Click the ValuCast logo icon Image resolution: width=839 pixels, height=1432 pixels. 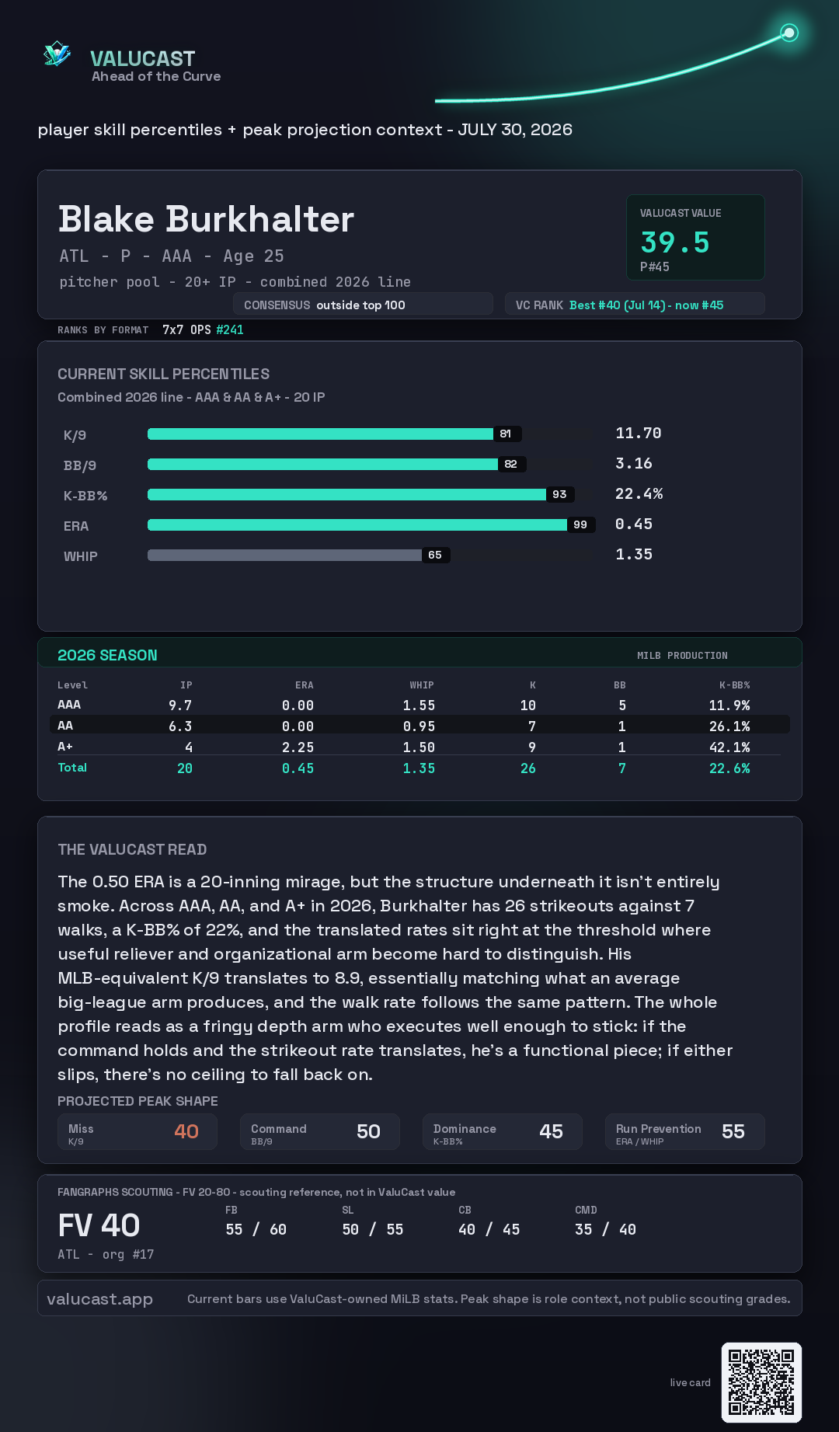tap(57, 54)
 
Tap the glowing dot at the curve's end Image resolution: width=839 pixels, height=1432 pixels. tap(789, 33)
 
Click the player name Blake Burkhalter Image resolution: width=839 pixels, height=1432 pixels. tap(206, 219)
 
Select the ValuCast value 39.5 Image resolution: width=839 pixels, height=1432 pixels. tap(675, 242)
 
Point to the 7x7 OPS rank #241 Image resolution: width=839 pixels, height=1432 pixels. tap(230, 329)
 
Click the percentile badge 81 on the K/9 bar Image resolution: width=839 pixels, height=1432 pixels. tap(506, 434)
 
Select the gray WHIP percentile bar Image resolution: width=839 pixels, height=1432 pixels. tap(284, 555)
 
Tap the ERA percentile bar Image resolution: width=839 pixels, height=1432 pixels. tap(357, 524)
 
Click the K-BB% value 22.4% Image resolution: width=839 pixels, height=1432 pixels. tap(639, 494)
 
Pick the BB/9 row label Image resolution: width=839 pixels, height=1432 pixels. tap(80, 465)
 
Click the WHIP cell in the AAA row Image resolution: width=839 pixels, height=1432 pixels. tap(419, 706)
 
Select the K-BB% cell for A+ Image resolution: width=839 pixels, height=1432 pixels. tap(729, 747)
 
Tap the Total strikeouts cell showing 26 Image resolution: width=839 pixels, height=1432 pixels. tap(528, 768)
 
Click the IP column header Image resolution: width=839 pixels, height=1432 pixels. tap(186, 685)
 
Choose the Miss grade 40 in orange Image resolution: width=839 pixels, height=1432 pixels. tap(186, 1131)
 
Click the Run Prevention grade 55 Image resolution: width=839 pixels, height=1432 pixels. tap(733, 1131)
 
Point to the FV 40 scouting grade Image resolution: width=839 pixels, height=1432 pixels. tap(99, 1226)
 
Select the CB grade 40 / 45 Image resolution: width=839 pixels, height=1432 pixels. tap(489, 1230)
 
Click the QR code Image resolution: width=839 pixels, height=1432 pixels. tap(761, 1382)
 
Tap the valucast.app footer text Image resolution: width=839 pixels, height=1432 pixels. tap(99, 1299)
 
